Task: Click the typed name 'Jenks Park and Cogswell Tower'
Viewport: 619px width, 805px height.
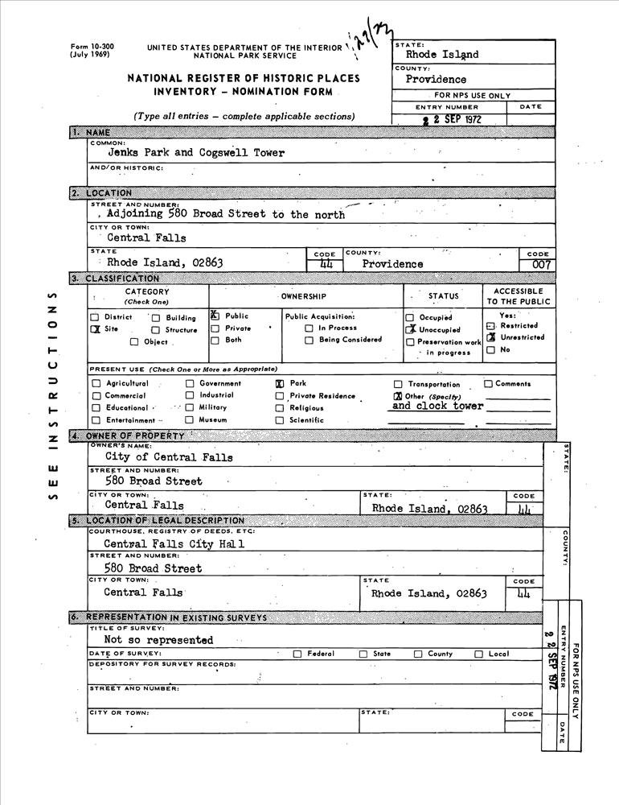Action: pyautogui.click(x=196, y=153)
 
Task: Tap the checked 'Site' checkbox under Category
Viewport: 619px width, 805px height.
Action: pyautogui.click(x=96, y=329)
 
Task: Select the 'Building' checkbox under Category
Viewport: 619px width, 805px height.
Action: pyautogui.click(x=156, y=317)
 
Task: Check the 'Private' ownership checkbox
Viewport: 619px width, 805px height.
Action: pyautogui.click(x=215, y=328)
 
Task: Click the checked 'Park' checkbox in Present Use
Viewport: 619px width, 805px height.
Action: pyautogui.click(x=280, y=384)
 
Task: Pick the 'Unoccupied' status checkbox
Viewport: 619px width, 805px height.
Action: pyautogui.click(x=410, y=329)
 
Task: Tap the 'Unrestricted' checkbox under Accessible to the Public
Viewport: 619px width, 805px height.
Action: pyautogui.click(x=490, y=337)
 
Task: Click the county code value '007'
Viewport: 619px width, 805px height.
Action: pyautogui.click(x=539, y=264)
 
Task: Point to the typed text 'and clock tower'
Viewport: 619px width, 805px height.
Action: pyautogui.click(x=437, y=407)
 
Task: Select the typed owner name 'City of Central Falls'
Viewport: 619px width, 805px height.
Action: pyautogui.click(x=169, y=457)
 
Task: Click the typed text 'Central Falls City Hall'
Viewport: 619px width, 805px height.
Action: pyautogui.click(x=174, y=543)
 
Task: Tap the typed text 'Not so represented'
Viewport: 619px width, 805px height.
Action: pyautogui.click(x=158, y=640)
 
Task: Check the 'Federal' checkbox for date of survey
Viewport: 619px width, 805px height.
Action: pyautogui.click(x=298, y=654)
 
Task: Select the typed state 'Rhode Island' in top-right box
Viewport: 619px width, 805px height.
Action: pyautogui.click(x=442, y=55)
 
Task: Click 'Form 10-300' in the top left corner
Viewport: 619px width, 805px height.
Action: pyautogui.click(x=92, y=47)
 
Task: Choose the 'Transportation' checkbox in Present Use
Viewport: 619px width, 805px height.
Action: pyautogui.click(x=398, y=385)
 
